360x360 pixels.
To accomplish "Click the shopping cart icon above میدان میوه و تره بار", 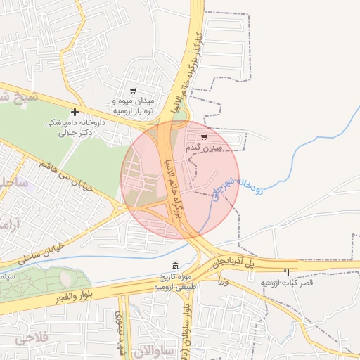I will pos(133,91).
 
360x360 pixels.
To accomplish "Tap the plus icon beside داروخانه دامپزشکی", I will pos(75,112).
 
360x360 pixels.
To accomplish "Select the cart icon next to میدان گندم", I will pos(204,137).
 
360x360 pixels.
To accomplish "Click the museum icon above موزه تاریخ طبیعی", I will pos(175,266).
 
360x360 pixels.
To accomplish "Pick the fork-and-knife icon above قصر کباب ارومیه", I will pos(286,271).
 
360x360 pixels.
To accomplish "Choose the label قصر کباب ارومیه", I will pos(287,283).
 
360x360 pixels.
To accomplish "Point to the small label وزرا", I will pos(224,281).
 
